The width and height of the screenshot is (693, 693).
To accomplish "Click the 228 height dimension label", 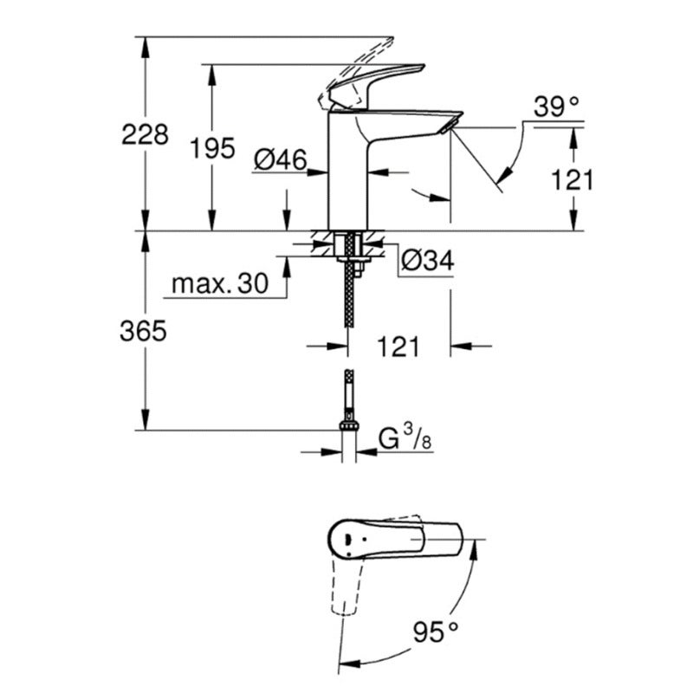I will [145, 135].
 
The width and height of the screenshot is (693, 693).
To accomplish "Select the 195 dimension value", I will [212, 148].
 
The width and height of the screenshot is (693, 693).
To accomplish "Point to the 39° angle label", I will [555, 107].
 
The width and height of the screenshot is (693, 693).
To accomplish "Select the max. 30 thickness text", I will [218, 283].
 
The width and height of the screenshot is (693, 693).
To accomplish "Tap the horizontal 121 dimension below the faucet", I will [398, 346].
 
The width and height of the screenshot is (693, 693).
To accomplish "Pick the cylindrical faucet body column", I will [346, 173].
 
